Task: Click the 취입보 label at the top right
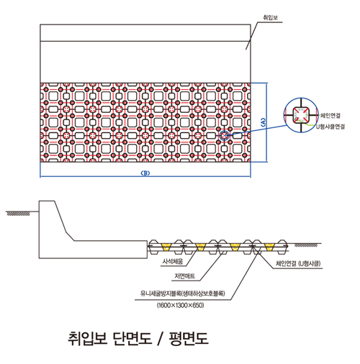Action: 271,17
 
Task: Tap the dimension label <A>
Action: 263,122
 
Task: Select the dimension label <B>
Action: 145,173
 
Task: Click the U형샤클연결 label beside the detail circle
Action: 330,127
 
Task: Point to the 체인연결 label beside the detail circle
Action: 330,116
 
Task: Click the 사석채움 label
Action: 173,261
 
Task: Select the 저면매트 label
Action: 184,276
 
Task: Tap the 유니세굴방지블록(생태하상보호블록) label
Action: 183,294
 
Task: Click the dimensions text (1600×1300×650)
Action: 180,305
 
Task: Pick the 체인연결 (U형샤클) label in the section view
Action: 298,263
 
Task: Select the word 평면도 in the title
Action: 189,338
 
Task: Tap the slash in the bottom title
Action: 161,338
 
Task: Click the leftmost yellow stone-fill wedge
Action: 166,247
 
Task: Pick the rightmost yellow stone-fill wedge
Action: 269,247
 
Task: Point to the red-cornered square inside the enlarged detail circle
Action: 301,115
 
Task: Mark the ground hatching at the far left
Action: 18,214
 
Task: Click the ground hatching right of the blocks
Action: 306,245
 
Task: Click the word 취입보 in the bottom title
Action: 87,338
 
